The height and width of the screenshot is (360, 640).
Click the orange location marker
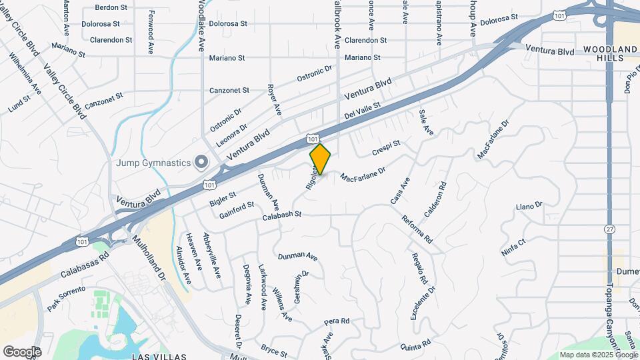click(321, 159)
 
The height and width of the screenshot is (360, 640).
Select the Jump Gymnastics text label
click(154, 162)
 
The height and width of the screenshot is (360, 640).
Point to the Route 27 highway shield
click(609, 229)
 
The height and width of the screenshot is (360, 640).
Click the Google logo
click(22, 351)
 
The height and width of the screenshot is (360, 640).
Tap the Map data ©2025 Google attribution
click(598, 355)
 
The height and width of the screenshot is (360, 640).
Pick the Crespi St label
click(386, 148)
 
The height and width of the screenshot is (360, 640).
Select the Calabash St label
click(282, 215)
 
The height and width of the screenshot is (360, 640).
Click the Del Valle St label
click(362, 111)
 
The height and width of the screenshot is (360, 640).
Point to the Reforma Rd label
click(417, 228)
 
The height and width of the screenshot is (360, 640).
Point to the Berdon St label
click(111, 7)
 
